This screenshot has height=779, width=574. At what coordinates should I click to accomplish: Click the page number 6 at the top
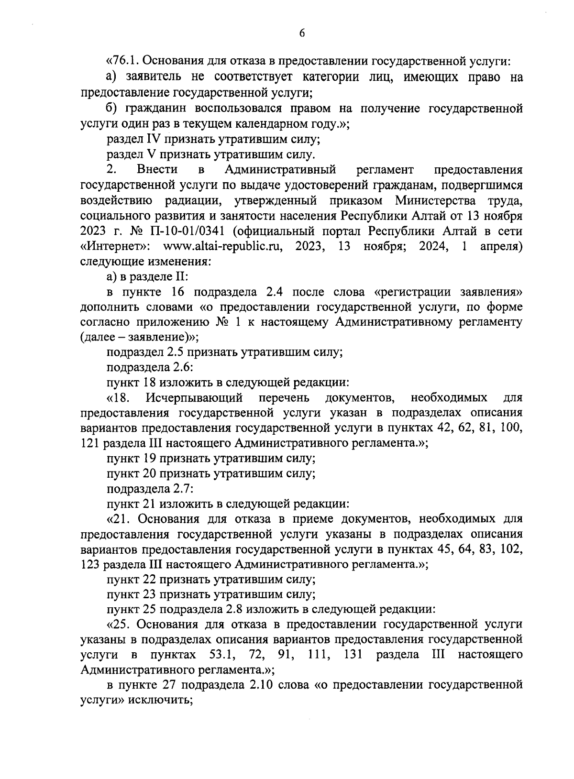pyautogui.click(x=302, y=33)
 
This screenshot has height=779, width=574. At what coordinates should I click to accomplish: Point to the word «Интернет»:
pyautogui.click(x=116, y=247)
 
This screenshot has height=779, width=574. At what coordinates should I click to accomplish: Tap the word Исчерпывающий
pyautogui.click(x=195, y=398)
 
